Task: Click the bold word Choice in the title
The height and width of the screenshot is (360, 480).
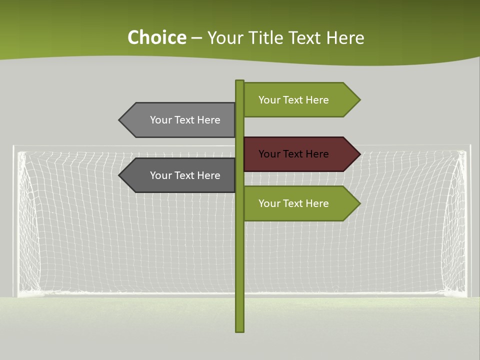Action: [x=156, y=38]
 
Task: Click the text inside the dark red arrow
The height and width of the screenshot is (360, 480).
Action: [x=293, y=154]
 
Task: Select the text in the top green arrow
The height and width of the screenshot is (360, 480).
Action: [x=293, y=100]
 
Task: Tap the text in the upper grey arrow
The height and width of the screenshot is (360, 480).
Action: [x=185, y=120]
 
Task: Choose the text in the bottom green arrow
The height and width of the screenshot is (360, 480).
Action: [x=293, y=203]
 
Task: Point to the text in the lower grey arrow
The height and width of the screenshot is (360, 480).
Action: [x=185, y=175]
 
